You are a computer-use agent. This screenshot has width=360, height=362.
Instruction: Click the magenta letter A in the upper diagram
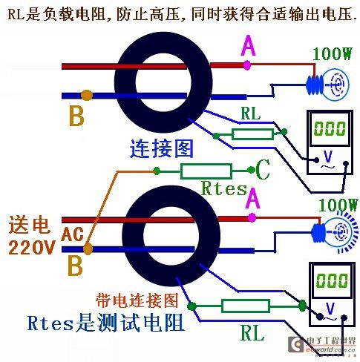248,45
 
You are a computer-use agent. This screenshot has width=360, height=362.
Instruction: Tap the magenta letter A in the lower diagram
252,198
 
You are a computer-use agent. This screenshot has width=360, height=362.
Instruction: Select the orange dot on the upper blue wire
87,95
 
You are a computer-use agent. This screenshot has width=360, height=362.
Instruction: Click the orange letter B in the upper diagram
76,116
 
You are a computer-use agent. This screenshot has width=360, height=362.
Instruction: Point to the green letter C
263,169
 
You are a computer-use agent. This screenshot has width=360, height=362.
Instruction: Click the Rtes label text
224,188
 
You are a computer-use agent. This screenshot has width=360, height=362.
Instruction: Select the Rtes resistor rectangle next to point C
206,171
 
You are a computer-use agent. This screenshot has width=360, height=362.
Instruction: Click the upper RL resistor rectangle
252,134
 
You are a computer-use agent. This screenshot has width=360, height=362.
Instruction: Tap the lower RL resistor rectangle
246,306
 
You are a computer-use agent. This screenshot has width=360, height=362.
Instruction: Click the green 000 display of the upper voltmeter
330,128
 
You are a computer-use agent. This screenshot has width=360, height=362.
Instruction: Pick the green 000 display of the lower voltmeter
332,280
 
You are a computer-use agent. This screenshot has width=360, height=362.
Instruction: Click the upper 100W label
332,53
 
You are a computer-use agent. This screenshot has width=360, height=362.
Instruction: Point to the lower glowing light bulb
336,233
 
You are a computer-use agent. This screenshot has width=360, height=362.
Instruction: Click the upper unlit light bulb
328,85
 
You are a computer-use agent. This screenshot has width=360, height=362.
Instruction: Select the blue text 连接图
161,148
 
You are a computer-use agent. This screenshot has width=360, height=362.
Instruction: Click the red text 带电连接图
137,300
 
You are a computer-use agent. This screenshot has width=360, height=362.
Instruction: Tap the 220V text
31,247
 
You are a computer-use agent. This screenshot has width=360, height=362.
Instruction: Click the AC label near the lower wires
72,234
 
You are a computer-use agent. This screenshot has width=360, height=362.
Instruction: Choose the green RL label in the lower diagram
252,333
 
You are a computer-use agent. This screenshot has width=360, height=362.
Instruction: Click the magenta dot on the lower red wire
252,217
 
